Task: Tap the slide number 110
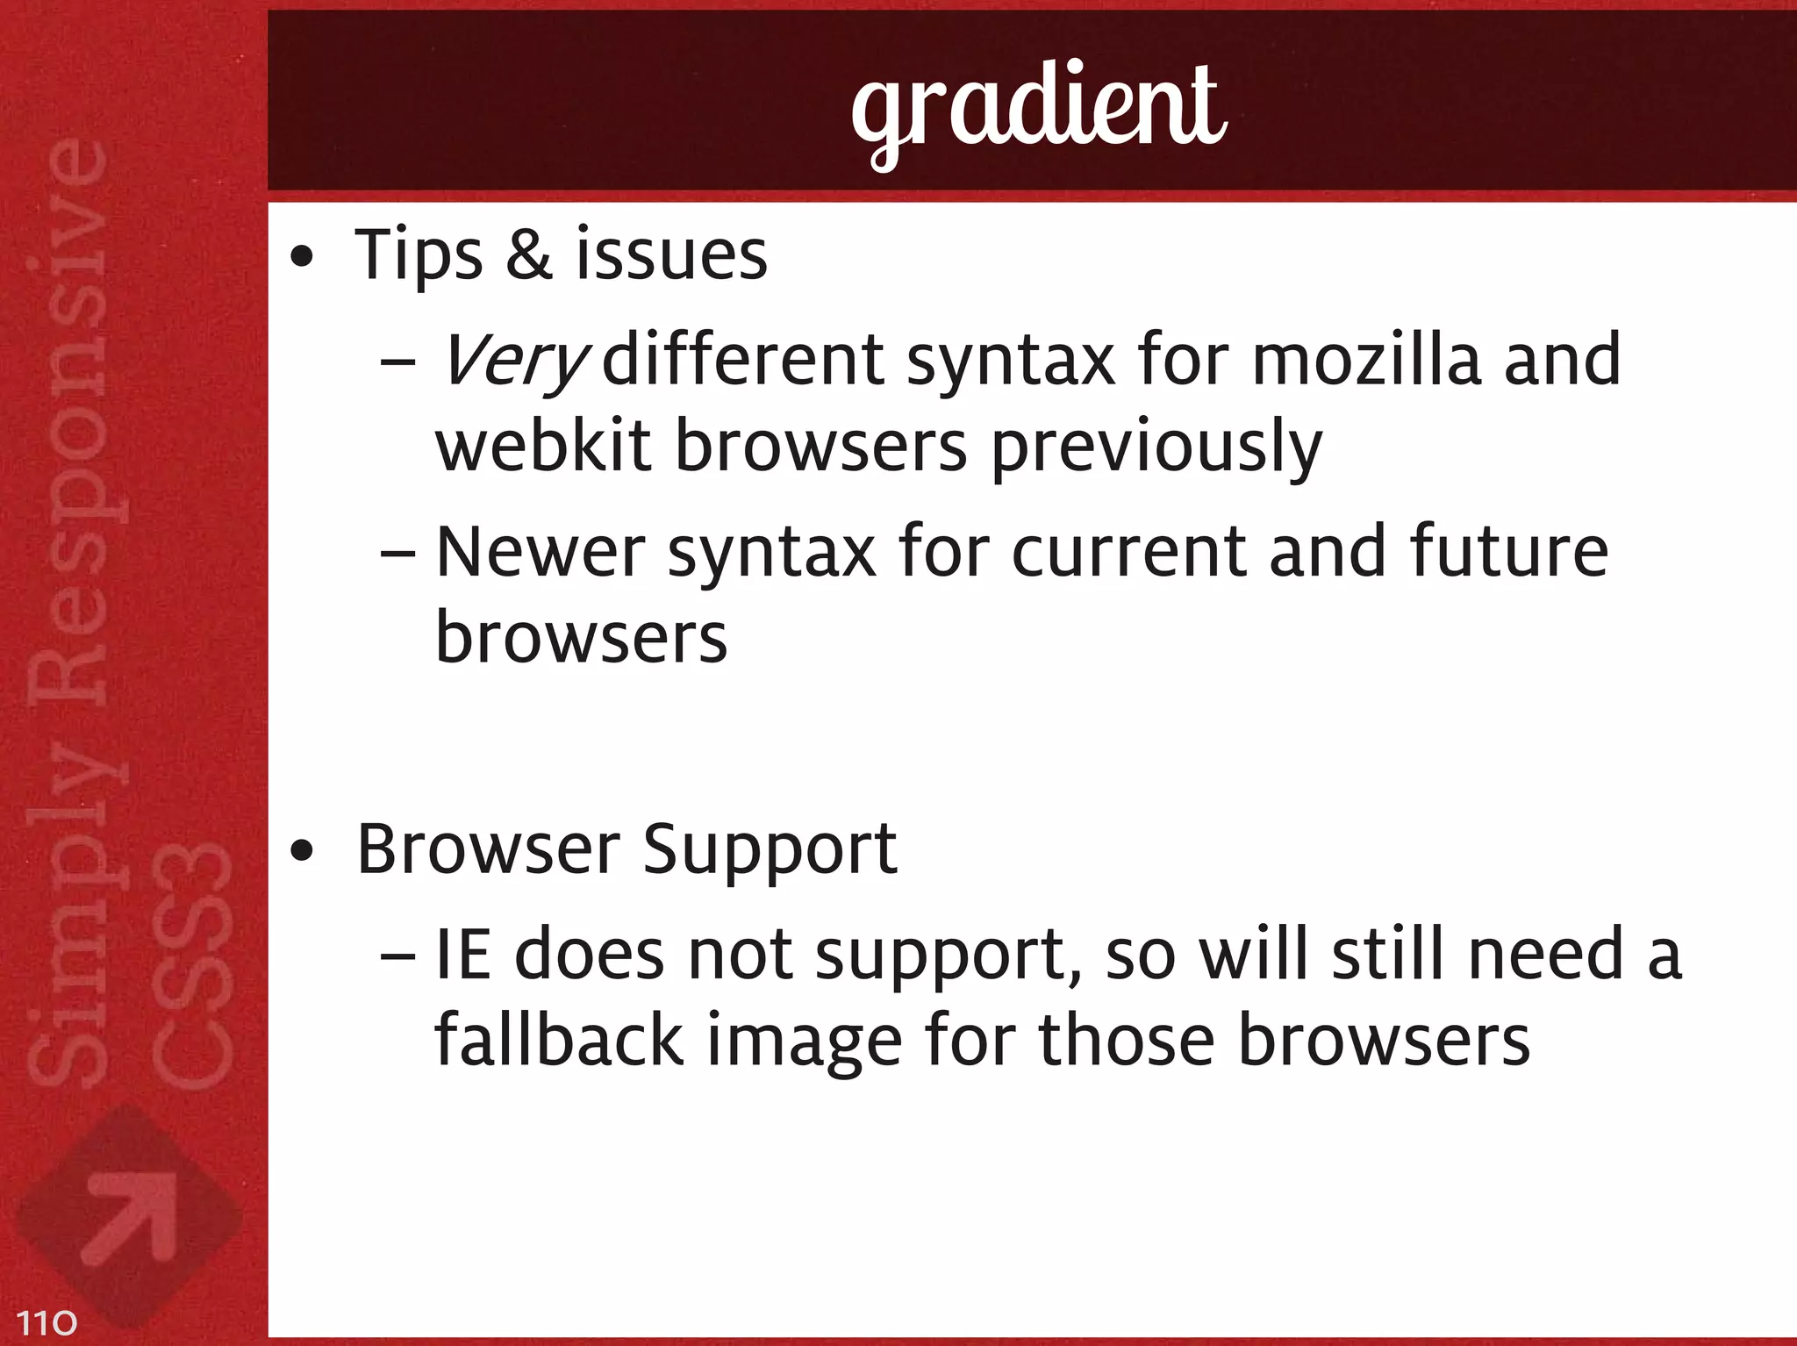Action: click(x=47, y=1322)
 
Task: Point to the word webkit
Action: click(x=543, y=446)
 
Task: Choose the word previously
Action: click(x=1156, y=447)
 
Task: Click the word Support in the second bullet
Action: click(x=770, y=851)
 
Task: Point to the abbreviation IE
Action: click(x=462, y=955)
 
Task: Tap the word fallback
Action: click(x=558, y=1041)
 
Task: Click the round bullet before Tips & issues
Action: click(x=302, y=258)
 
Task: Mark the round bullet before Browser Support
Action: click(x=302, y=851)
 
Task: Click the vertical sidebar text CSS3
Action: click(x=191, y=965)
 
